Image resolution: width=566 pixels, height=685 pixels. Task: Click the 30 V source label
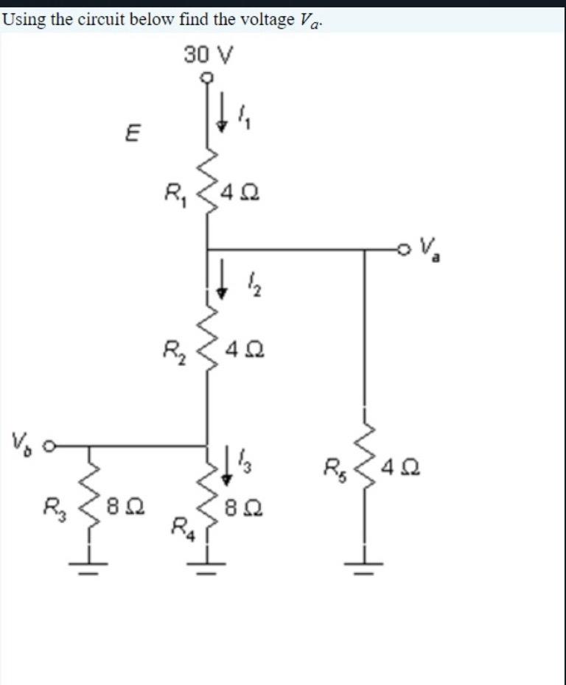pyautogui.click(x=209, y=54)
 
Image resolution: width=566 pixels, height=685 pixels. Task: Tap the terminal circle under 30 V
pyautogui.click(x=208, y=77)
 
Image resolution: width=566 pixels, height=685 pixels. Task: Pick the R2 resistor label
pyautogui.click(x=175, y=347)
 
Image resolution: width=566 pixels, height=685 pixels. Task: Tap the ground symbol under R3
pyautogui.click(x=90, y=564)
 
